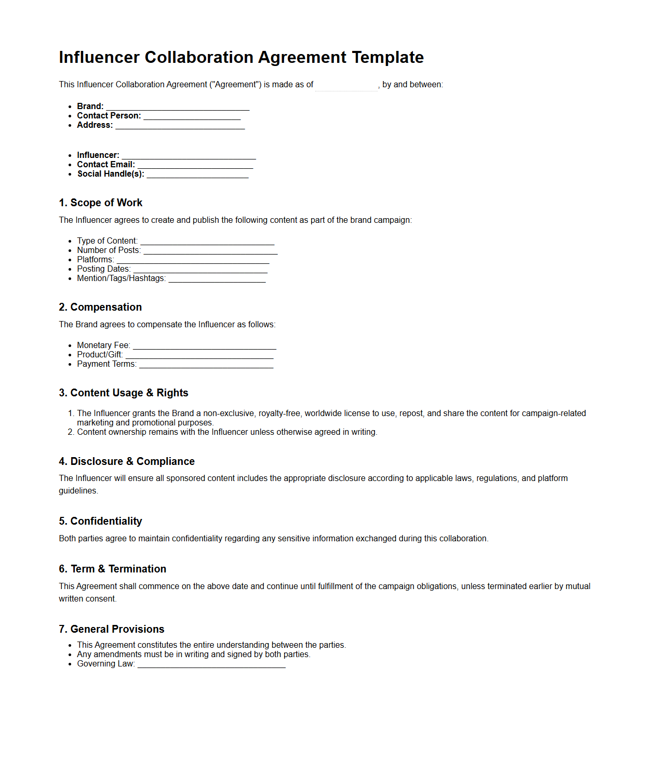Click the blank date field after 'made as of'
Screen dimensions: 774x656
pos(346,85)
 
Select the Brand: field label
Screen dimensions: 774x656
pos(90,106)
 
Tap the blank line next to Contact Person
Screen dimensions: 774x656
pos(192,116)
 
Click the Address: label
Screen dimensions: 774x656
pos(95,125)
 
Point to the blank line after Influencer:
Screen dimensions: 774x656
pos(189,156)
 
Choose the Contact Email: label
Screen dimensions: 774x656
pos(106,165)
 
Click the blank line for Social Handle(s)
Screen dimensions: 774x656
pos(197,175)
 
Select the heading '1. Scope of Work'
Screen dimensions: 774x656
pos(100,203)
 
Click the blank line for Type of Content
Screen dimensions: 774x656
pos(207,242)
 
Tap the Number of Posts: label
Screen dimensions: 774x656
pos(109,250)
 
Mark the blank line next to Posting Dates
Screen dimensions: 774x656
pos(200,270)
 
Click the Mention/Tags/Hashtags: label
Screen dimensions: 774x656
pos(122,278)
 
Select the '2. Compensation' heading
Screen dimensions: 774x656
pos(100,307)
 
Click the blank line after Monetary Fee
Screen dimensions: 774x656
pos(204,346)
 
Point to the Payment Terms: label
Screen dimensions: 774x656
pos(106,364)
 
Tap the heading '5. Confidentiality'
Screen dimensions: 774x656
pos(100,521)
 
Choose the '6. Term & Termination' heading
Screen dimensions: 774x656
pos(112,569)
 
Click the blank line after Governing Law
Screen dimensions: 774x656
pos(211,664)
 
